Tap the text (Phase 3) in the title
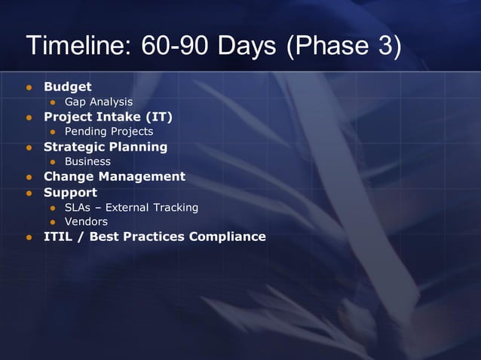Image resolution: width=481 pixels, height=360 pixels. pos(343,47)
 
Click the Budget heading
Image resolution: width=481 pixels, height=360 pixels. pos(67,87)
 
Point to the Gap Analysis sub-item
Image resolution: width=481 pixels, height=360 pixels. pos(98,102)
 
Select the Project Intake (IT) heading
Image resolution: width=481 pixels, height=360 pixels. pos(108,117)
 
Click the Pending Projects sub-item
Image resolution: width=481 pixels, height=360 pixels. pos(109,132)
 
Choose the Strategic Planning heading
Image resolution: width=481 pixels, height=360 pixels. pos(105,147)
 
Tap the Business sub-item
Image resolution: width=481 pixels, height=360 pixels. pos(87,162)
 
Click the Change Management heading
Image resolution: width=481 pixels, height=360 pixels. pos(114,177)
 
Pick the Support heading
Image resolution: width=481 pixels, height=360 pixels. pos(70,192)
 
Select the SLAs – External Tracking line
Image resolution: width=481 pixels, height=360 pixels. pos(131,207)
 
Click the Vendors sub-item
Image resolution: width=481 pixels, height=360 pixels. pos(86,222)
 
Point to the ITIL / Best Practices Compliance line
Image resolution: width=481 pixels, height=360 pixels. pos(155,237)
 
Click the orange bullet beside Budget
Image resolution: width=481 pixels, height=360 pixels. pos(30,87)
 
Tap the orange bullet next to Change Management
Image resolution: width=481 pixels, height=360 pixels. pos(30,178)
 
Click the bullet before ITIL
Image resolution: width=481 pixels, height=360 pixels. pos(30,238)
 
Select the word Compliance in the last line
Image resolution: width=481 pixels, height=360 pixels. pos(227,237)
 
